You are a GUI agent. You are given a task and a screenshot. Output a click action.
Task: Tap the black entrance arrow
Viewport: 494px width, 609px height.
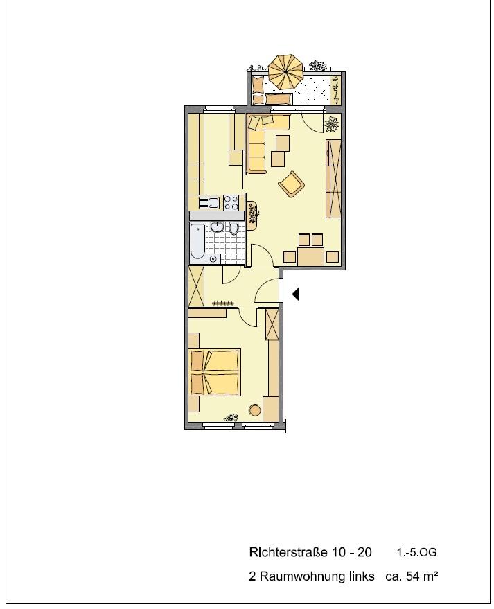point(296,294)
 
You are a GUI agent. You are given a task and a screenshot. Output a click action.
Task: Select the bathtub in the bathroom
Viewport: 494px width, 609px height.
point(197,242)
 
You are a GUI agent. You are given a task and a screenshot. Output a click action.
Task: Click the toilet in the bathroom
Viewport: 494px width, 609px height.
point(234,229)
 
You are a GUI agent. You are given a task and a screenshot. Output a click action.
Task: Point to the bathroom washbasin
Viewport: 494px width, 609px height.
point(217,227)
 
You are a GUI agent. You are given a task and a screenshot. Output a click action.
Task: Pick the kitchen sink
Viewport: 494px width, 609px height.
point(209,203)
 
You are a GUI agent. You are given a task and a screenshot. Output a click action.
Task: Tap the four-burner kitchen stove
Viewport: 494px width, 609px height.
point(231,203)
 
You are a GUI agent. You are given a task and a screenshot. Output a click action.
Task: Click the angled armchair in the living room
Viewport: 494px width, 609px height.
point(291,184)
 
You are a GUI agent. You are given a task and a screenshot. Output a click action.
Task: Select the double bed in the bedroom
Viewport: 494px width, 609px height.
point(215,372)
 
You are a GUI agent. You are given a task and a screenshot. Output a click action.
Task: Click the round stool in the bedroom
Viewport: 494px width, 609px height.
point(254,410)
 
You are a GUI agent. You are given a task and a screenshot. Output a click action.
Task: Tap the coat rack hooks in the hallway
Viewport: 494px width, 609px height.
point(223,303)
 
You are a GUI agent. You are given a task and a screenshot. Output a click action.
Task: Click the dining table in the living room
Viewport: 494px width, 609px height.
point(311,256)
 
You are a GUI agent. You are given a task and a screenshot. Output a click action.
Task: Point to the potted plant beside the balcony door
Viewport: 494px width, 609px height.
point(333,125)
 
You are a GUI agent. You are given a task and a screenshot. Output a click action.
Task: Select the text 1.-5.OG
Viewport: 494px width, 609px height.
point(416,553)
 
